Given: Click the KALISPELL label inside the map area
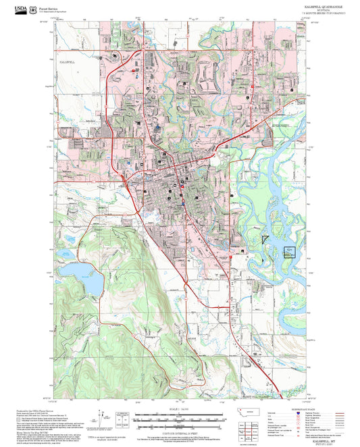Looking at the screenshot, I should pyautogui.click(x=66, y=61).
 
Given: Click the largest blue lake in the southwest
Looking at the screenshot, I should pyautogui.click(x=80, y=272).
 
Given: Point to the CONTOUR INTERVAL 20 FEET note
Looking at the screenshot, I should pyautogui.click(x=180, y=427).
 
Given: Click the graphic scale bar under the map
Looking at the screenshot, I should pyautogui.click(x=180, y=418).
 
